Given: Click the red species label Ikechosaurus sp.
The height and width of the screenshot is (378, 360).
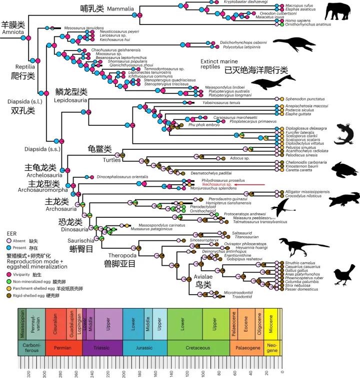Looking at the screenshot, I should (216, 185).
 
